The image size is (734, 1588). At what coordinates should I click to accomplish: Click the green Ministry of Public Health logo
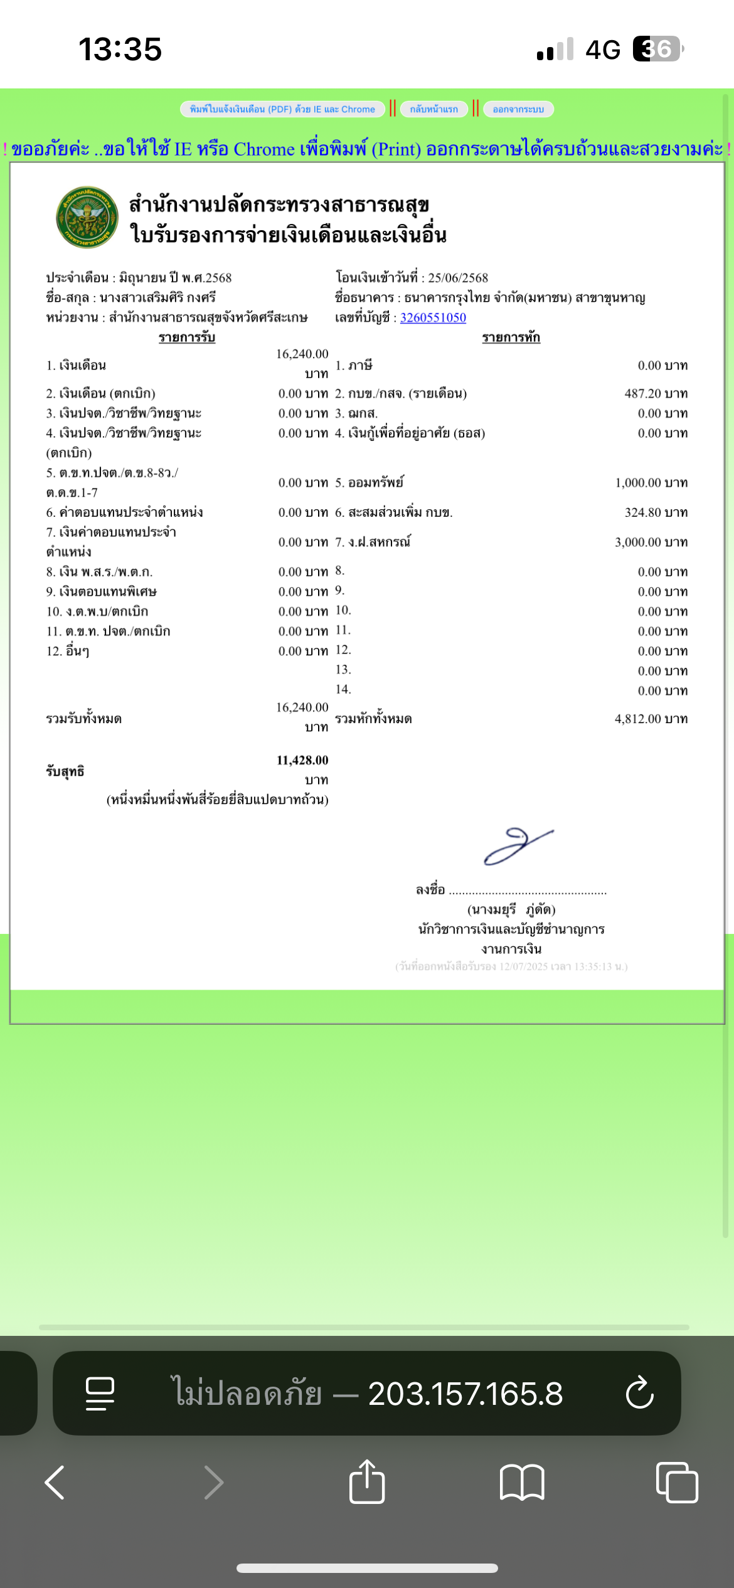point(87,217)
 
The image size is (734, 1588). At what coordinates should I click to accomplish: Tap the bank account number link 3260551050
point(433,317)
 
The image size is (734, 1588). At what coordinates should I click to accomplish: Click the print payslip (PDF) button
point(282,109)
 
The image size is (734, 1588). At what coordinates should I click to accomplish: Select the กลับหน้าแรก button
point(433,109)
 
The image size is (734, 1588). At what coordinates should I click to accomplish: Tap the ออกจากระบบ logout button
point(518,109)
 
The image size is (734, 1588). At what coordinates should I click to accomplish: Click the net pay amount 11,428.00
point(302,760)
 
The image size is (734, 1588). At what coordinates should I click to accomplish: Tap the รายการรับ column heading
point(187,337)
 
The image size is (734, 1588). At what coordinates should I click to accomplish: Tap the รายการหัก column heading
point(511,337)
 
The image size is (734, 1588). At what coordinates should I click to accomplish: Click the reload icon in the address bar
point(639,1393)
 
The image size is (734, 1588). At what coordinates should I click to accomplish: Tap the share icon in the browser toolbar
point(367,1482)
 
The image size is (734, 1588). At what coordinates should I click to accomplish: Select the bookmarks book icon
point(522,1483)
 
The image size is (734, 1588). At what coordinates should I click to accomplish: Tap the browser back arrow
point(55,1483)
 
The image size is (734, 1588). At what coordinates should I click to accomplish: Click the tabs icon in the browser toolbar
point(676,1483)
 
